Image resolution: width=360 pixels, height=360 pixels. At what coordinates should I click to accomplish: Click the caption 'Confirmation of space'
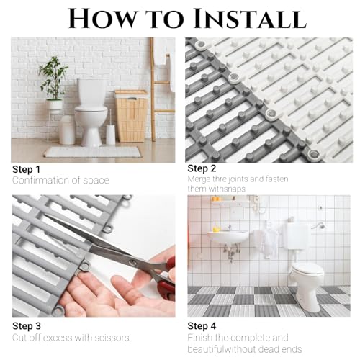click(60, 180)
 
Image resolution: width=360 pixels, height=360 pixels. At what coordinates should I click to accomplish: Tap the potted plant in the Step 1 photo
click(53, 79)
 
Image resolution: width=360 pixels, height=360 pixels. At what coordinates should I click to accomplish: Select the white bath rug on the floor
click(91, 152)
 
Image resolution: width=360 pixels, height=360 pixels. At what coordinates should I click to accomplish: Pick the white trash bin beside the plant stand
click(67, 131)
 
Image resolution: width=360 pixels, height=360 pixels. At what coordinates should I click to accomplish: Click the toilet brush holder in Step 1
click(111, 134)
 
